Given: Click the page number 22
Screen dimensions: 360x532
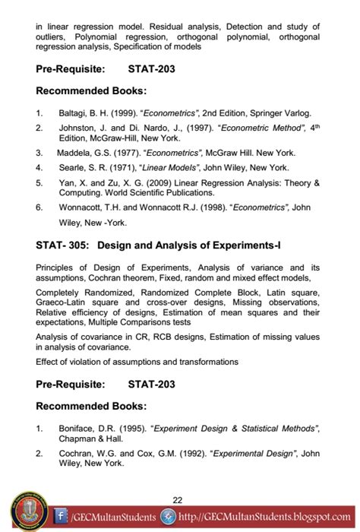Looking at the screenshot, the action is pyautogui.click(x=178, y=499).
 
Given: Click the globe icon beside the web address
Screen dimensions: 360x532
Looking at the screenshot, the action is pyautogui.click(x=172, y=518).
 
